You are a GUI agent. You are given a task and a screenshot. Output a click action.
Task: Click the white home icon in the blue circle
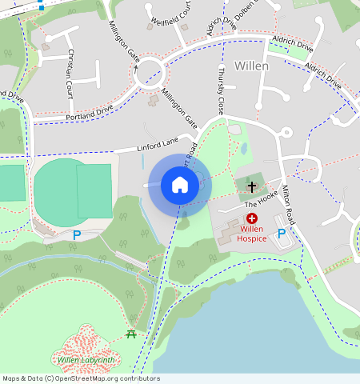(x=180, y=185)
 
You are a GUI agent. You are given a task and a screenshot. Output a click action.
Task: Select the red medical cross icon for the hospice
(x=251, y=218)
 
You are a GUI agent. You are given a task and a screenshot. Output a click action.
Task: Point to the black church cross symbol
(x=251, y=187)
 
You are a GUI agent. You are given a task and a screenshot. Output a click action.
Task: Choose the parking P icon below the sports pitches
(x=77, y=234)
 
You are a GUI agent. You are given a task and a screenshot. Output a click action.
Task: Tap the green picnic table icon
(x=130, y=334)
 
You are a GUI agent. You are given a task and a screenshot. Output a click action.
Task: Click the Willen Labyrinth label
(x=86, y=361)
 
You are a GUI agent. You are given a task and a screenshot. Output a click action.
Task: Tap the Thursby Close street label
(x=220, y=90)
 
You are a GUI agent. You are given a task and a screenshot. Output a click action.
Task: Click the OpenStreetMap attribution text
(x=80, y=378)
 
